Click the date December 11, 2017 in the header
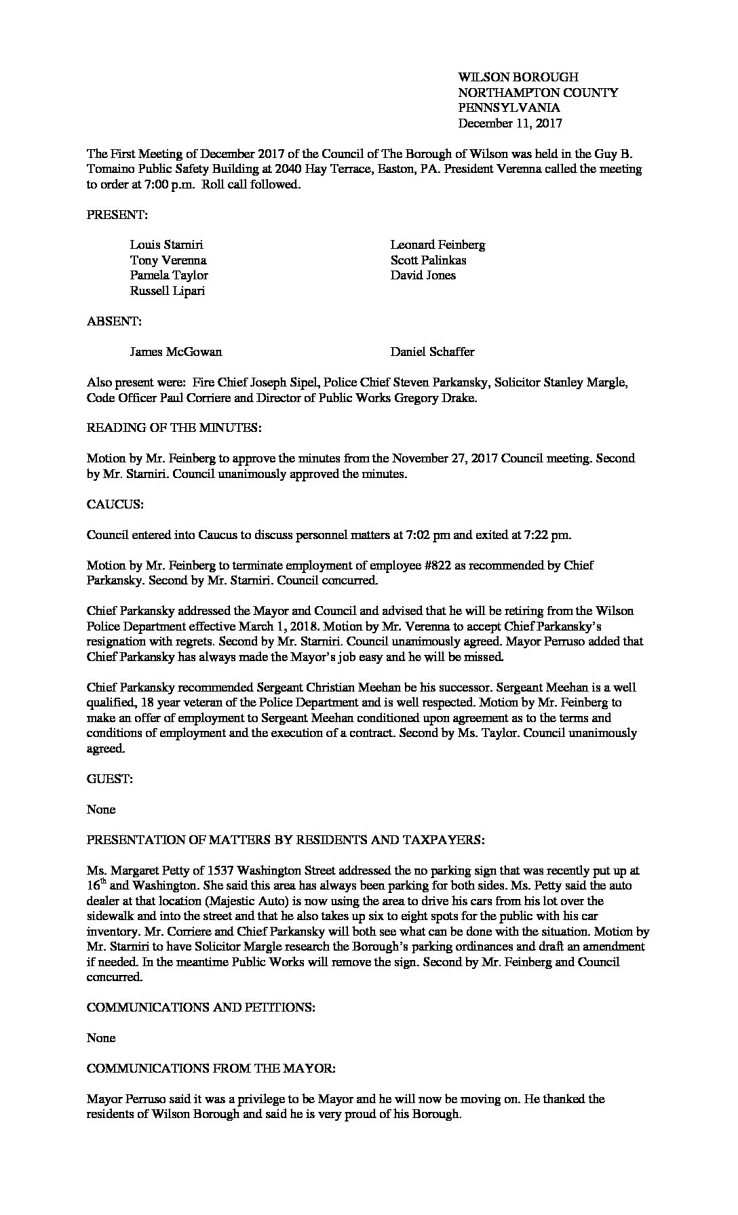coord(510,123)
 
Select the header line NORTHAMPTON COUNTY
coord(538,93)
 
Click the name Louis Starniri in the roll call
coord(166,245)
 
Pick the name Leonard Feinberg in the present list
coord(438,245)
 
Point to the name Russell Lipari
coord(167,291)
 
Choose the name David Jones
coord(423,275)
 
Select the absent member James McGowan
coord(176,352)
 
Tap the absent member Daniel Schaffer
coord(432,352)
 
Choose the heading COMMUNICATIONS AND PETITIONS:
coord(201,1008)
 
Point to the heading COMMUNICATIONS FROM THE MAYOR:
coord(211,1069)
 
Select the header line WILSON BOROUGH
coord(518,77)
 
